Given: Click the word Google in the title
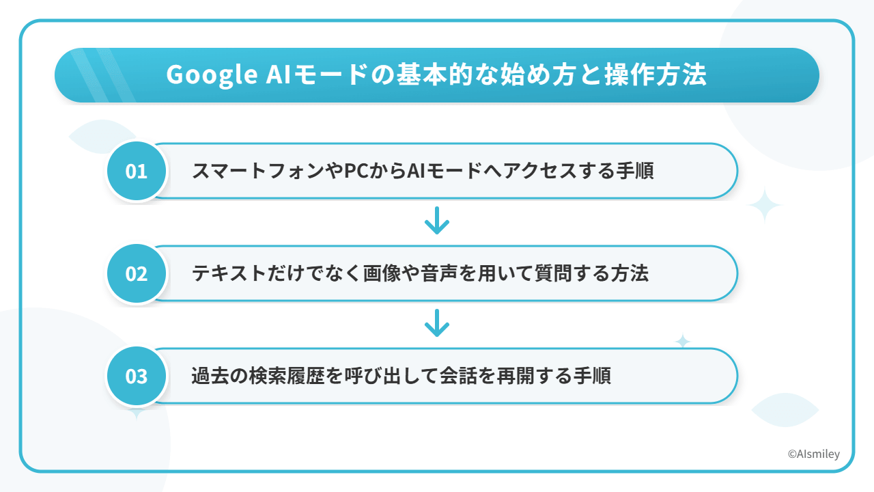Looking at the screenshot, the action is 212,74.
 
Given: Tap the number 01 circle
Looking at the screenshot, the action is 137,171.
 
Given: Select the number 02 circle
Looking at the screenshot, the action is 137,273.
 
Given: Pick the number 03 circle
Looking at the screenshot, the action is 137,376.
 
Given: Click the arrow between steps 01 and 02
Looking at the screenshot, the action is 437,221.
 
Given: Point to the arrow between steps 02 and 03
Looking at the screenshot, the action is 437,323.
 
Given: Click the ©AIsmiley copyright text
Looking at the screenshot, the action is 813,454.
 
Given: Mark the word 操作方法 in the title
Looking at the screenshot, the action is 656,74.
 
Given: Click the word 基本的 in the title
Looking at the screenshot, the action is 435,74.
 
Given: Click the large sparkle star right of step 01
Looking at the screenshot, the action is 764,206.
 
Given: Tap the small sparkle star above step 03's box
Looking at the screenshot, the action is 683,341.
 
